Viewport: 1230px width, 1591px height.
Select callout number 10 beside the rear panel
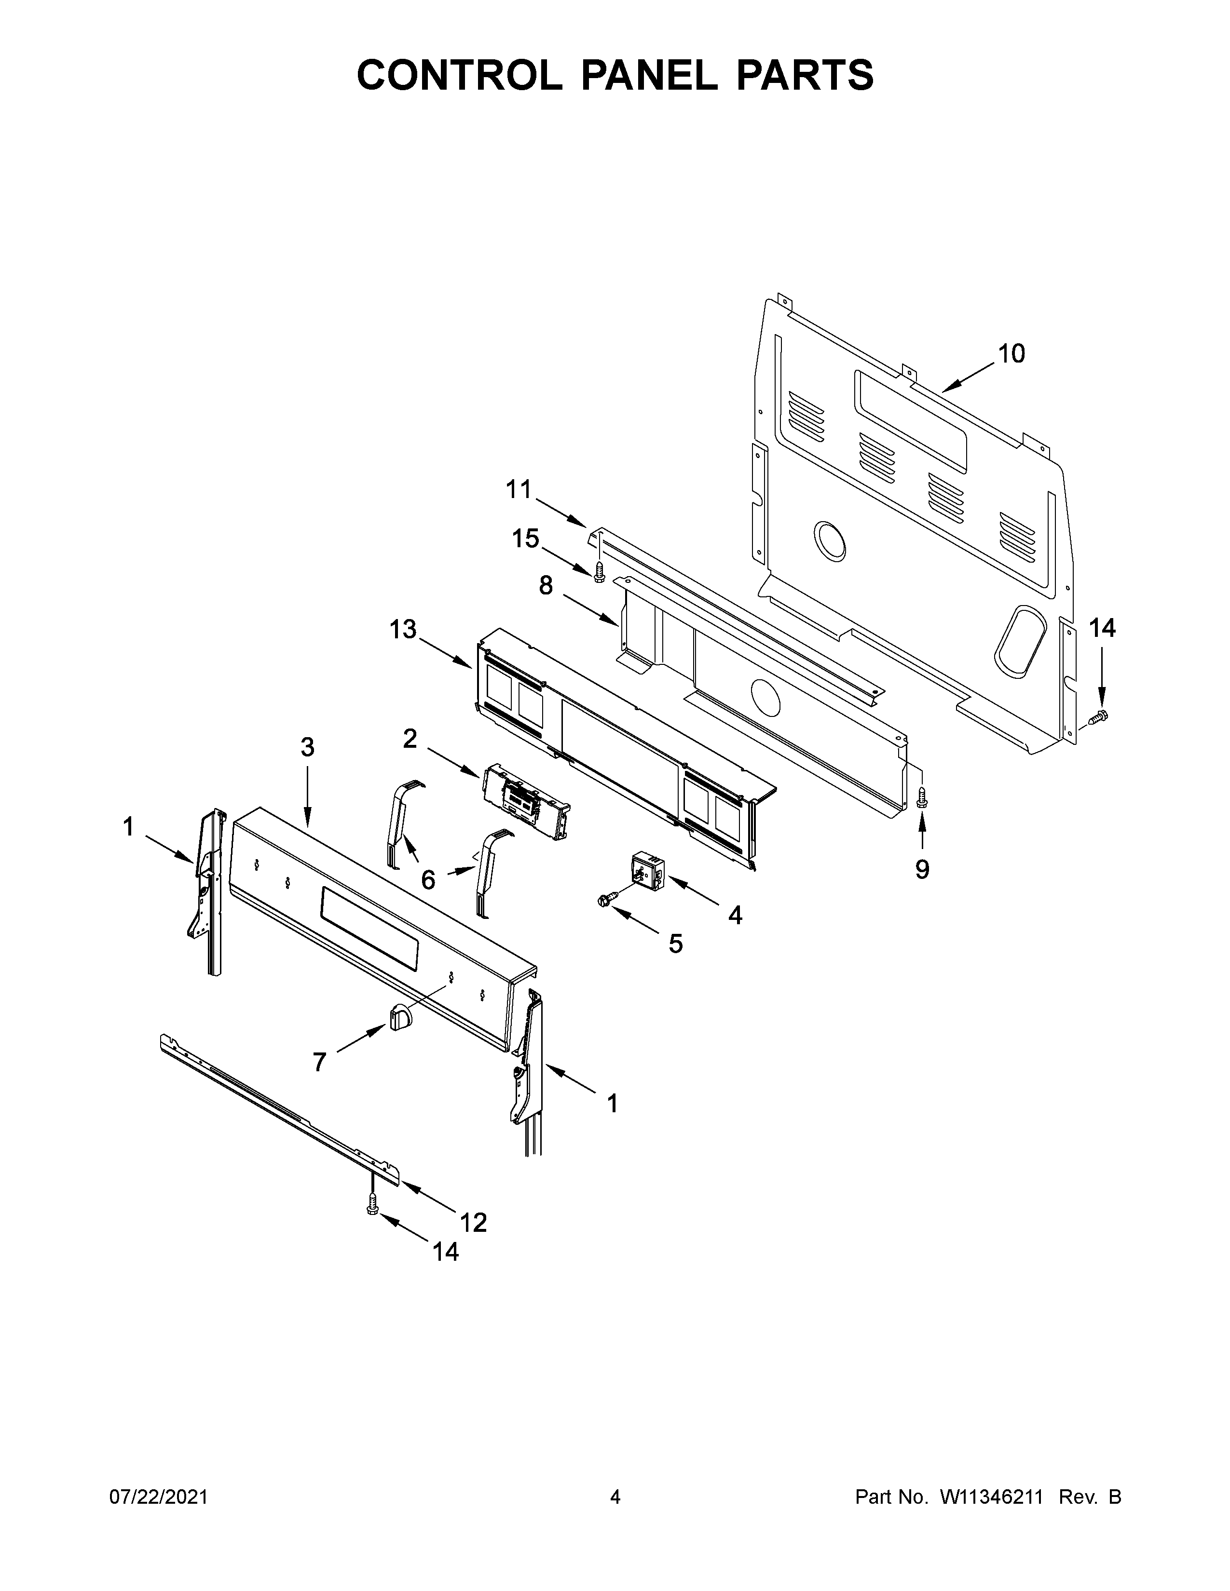(1011, 354)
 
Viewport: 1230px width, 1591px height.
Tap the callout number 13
(402, 629)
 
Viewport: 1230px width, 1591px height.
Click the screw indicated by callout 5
(604, 901)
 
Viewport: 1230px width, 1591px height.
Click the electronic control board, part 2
(525, 801)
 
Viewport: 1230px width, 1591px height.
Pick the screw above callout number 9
(921, 796)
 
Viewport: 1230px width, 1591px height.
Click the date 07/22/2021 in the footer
(158, 1497)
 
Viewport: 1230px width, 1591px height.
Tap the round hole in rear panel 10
(830, 541)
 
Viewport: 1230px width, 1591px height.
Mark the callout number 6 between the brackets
(428, 880)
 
